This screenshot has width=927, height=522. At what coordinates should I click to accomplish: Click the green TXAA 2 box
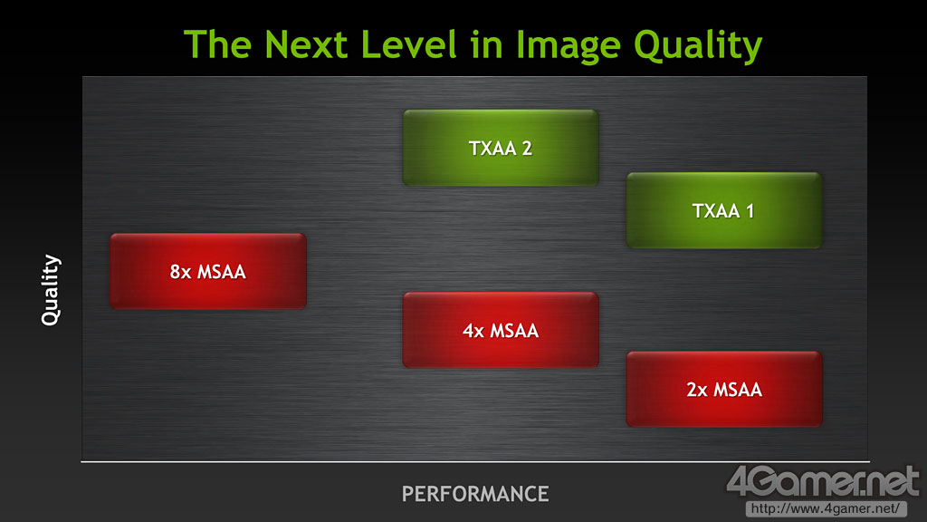coord(501,148)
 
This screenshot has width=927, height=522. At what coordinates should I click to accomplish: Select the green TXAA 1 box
coord(724,210)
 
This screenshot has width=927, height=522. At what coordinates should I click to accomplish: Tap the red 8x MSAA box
coord(208,272)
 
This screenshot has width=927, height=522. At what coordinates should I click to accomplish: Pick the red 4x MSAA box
coord(501,330)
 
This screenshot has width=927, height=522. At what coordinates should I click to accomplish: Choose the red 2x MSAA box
coord(724,390)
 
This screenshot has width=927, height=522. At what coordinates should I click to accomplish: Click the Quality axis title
coord(51,290)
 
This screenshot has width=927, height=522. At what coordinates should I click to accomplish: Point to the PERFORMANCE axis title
coord(475,494)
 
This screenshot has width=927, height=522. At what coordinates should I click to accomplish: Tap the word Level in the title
coord(409,44)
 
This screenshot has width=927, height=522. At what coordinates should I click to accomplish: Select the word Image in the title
coord(569,47)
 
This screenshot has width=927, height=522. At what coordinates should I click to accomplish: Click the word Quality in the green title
coord(698,47)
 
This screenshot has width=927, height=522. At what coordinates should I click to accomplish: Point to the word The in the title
coord(217,44)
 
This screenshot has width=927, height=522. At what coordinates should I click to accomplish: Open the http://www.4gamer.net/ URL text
coord(826,508)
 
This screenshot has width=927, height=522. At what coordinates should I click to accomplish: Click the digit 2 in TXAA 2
coord(527,148)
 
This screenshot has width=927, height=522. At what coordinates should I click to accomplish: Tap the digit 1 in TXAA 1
coord(750,210)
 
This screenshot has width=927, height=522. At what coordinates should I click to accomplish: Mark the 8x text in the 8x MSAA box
coord(181,272)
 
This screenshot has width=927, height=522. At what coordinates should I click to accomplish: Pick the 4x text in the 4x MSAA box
coord(473,331)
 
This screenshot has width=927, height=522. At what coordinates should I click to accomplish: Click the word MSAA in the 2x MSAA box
coord(739,390)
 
